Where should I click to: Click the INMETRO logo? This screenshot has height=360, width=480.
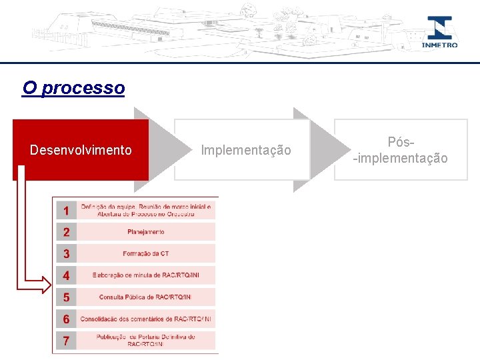pos(439,32)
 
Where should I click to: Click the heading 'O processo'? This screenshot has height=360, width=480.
pos(73,88)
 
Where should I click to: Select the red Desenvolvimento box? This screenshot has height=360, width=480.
pos(81,150)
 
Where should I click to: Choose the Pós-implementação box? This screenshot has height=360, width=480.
pos(401,150)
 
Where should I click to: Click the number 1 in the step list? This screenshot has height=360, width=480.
pos(66,211)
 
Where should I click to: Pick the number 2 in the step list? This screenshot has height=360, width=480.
pos(66,232)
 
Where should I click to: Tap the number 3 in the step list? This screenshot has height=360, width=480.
pos(66,253)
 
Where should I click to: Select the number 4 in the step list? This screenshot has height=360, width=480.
pos(66,275)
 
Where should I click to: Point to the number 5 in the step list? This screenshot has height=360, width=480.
pos(66,297)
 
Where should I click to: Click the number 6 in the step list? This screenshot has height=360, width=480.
pos(66,319)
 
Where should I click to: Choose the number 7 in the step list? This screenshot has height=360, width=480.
pos(66,341)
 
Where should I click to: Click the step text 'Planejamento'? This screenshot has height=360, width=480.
pos(146,232)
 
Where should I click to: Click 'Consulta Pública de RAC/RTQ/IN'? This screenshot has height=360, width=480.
pos(145,297)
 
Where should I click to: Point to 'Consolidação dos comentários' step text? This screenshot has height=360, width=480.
pos(146,319)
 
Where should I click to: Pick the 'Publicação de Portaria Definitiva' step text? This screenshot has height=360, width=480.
pos(146,341)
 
